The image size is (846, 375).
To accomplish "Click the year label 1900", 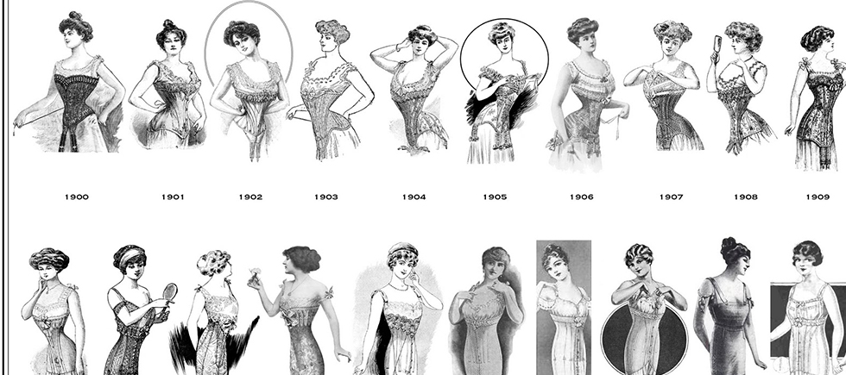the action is (x=77, y=197).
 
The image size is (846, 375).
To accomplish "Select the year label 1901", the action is (x=173, y=197).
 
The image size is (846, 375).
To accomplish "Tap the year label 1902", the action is (x=251, y=197).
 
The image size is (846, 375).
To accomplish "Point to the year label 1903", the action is (x=326, y=197).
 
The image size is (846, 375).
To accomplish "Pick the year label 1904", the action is (x=414, y=197).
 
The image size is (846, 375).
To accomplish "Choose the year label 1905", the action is (x=495, y=197).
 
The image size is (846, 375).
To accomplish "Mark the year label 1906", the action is (x=582, y=197).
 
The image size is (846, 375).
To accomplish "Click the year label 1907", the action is (x=672, y=197).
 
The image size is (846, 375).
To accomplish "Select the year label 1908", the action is (x=746, y=197).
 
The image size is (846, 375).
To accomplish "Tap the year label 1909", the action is (x=818, y=197).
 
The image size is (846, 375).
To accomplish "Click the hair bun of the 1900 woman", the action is (x=75, y=16).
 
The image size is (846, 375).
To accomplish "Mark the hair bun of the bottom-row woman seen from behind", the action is (x=729, y=244).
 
